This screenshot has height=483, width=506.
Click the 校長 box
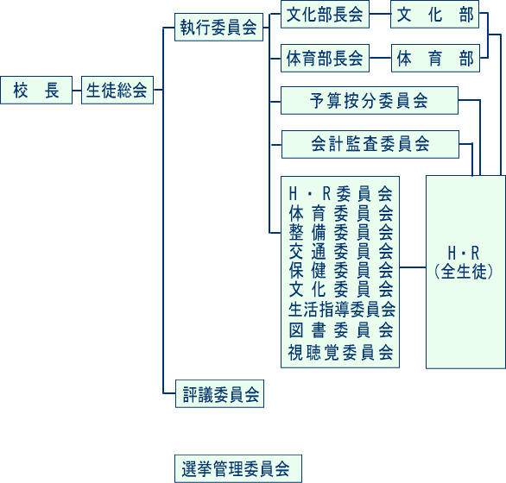(36, 90)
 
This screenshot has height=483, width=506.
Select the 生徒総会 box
(117, 90)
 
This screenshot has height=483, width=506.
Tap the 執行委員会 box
(218, 27)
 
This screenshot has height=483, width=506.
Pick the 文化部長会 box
(325, 14)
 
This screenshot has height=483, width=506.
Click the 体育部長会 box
(325, 58)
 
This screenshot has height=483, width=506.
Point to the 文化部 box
(434, 14)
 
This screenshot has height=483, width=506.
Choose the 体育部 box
(435, 58)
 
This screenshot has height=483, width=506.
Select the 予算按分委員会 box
(370, 100)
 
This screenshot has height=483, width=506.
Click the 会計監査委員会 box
(370, 144)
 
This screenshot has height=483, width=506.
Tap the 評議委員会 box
(220, 393)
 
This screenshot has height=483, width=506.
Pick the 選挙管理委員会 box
(238, 469)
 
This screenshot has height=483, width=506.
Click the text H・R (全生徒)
(464, 262)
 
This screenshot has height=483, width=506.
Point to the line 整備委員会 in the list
(341, 232)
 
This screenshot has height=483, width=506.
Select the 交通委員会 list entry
(341, 251)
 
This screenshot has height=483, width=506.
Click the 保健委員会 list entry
(341, 270)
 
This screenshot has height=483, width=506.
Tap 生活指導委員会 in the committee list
(342, 309)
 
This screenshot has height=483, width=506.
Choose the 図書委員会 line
(341, 330)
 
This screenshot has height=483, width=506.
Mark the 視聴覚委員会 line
(341, 352)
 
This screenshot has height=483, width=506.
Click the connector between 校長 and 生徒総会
(77, 91)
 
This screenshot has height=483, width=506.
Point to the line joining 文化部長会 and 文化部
(380, 14)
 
